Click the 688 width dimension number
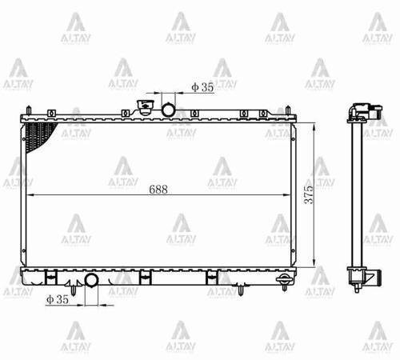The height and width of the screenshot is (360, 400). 158,190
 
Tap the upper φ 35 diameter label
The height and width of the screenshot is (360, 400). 202,87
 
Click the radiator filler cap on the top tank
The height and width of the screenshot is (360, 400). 146,108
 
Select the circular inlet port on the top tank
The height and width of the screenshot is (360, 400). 170,109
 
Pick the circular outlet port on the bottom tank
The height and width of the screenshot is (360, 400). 92,280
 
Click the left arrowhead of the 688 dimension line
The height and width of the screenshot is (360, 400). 30,195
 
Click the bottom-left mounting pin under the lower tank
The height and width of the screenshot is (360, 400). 74,291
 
